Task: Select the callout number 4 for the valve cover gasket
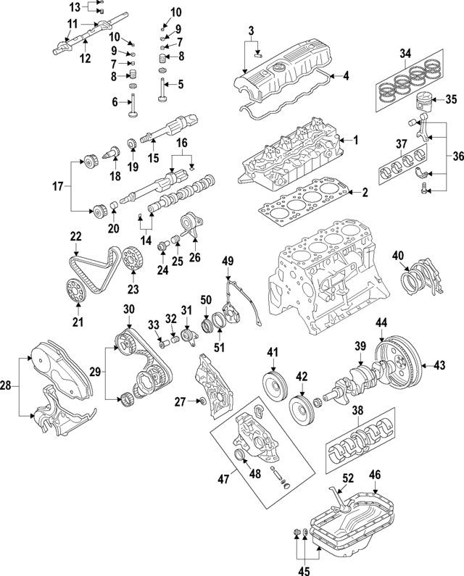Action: click(x=346, y=75)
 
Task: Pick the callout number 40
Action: click(x=398, y=255)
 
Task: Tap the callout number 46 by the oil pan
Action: click(x=375, y=475)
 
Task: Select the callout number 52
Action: click(x=348, y=478)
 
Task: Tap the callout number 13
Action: click(x=76, y=7)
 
